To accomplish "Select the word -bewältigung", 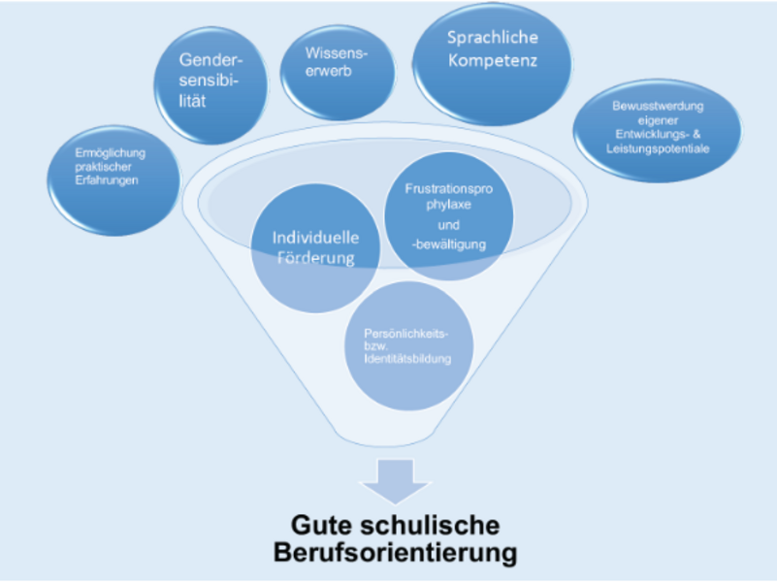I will tap(449, 244).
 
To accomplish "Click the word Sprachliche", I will tap(492, 40).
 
